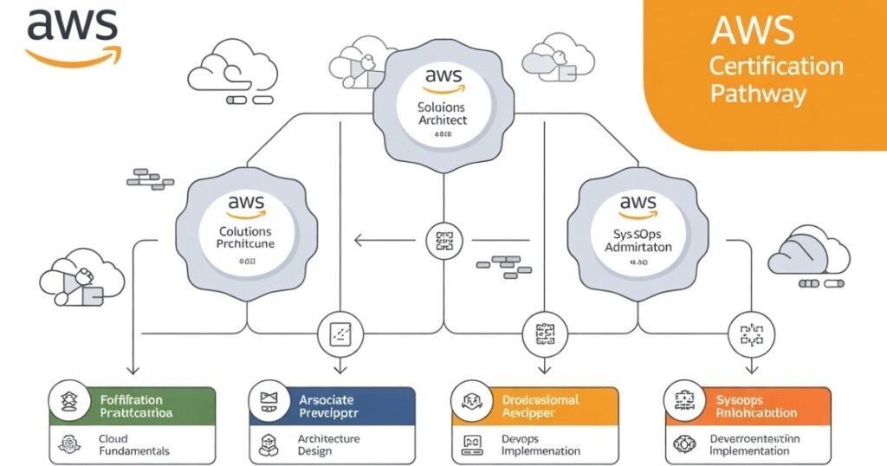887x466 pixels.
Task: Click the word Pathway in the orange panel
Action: tap(757, 94)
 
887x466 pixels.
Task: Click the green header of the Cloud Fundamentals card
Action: tap(133, 405)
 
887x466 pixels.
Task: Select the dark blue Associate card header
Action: tap(332, 405)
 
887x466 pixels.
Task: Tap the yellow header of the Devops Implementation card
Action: tap(535, 405)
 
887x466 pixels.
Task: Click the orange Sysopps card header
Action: tap(748, 405)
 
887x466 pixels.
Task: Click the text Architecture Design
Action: tap(328, 444)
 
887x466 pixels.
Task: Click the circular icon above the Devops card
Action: tap(542, 333)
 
